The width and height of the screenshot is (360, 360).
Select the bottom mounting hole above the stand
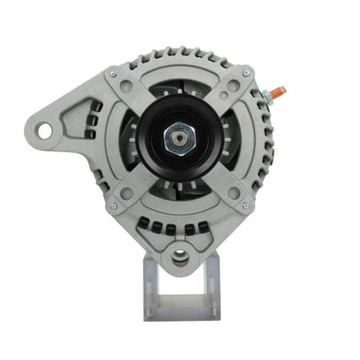point(180,256)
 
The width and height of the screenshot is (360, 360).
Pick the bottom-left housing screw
point(112,206)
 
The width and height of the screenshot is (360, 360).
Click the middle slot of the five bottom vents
point(180,228)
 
